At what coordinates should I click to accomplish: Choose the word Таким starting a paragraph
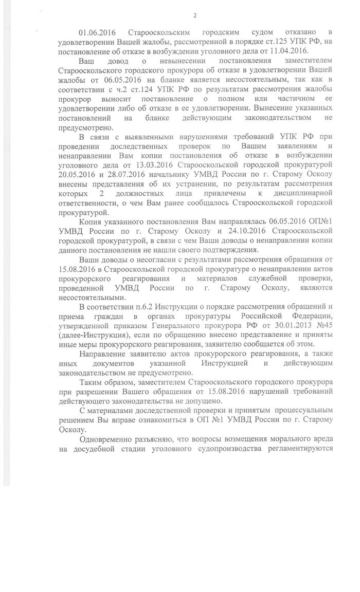point(91,383)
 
